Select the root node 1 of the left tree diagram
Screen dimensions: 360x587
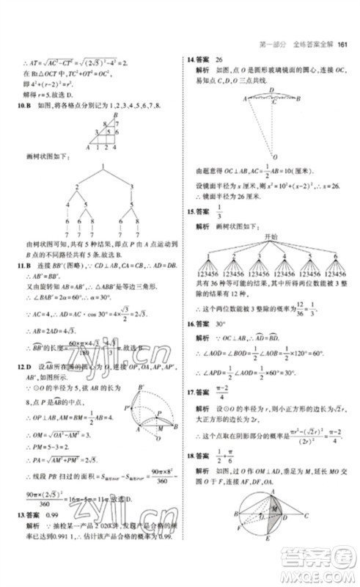tap(94, 167)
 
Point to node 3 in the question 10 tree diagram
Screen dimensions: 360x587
tap(131, 188)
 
